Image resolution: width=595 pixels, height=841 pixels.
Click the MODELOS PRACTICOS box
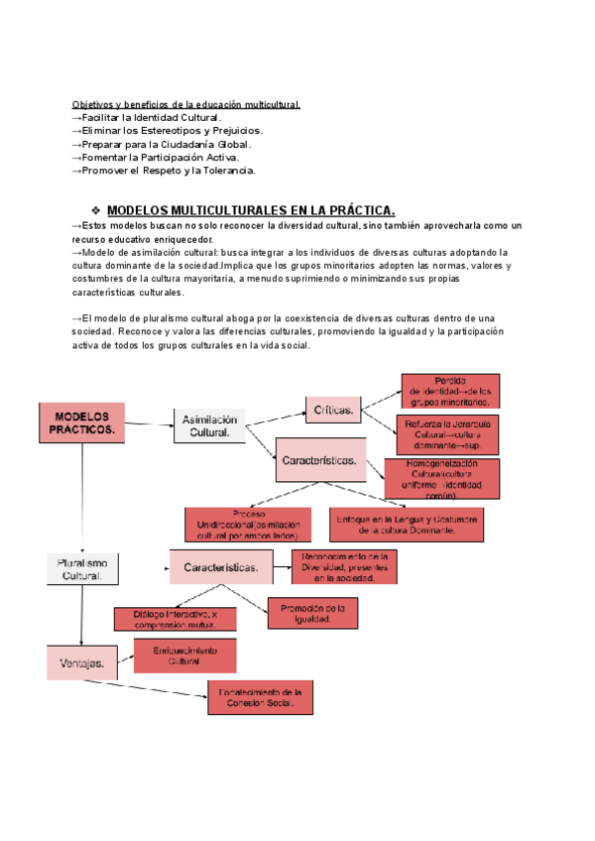(x=81, y=423)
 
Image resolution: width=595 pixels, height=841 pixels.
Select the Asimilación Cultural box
(x=209, y=425)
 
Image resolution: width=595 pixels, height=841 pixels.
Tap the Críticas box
(x=334, y=409)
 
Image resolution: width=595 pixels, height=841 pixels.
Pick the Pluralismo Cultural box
(x=82, y=568)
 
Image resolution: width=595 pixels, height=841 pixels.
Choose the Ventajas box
(x=82, y=661)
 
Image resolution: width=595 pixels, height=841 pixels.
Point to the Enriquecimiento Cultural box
(x=183, y=656)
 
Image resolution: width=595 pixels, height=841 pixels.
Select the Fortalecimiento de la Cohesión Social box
(x=262, y=697)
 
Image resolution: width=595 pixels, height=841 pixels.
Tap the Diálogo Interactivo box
(x=176, y=619)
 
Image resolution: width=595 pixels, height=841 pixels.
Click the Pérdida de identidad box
(x=450, y=391)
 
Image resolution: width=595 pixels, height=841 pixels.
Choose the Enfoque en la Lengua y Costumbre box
(x=408, y=525)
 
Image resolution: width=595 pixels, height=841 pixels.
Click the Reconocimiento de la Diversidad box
(x=344, y=568)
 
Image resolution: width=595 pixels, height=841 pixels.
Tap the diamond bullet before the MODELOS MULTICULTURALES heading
(x=96, y=210)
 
